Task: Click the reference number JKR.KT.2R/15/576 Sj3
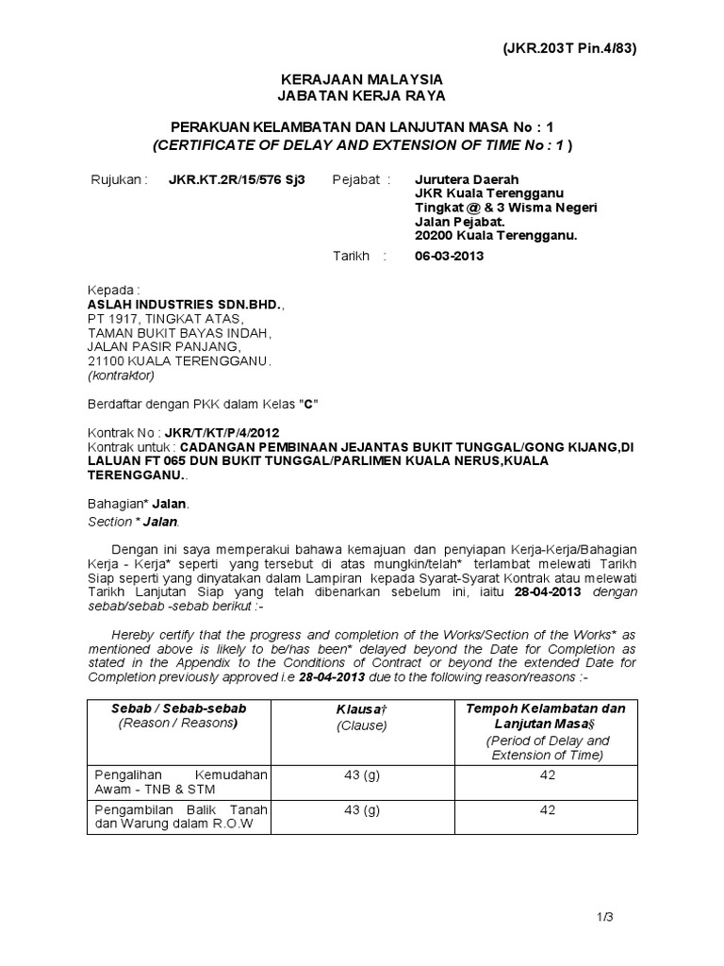tap(237, 179)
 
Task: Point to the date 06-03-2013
tap(450, 256)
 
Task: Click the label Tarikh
tap(353, 256)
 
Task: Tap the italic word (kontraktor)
tap(125, 375)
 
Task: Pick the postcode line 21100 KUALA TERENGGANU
tap(179, 360)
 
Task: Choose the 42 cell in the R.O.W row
tap(548, 809)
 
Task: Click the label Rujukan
tap(119, 179)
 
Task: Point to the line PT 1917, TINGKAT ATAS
tap(163, 319)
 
